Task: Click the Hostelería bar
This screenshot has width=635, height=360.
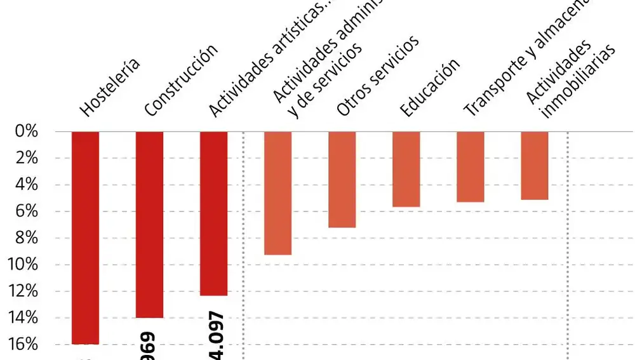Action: (85, 237)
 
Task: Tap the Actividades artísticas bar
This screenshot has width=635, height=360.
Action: (213, 213)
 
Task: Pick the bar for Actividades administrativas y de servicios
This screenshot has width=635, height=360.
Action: (277, 193)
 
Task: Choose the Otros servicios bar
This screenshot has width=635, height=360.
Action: (342, 180)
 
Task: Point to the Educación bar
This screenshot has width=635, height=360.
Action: (406, 169)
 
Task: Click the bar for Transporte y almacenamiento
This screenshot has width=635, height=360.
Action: (470, 166)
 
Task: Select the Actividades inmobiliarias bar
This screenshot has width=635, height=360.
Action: (534, 165)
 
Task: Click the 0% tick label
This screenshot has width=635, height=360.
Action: (27, 131)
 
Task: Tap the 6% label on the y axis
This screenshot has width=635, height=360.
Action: (27, 211)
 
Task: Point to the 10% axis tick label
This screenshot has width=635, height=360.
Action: (24, 265)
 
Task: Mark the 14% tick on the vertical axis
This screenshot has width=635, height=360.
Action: (24, 317)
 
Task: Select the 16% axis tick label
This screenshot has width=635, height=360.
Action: (24, 345)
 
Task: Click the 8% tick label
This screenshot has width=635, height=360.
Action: (27, 238)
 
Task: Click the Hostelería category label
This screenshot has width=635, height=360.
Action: (109, 88)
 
